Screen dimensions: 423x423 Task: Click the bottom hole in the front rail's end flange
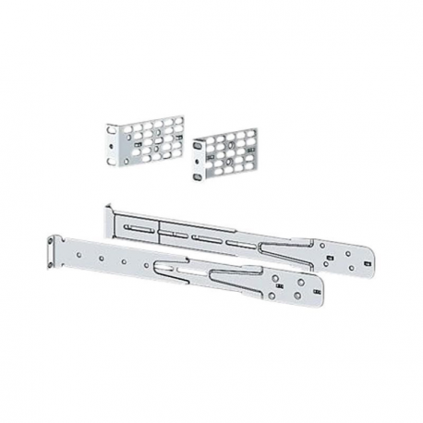[x=50, y=258]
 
